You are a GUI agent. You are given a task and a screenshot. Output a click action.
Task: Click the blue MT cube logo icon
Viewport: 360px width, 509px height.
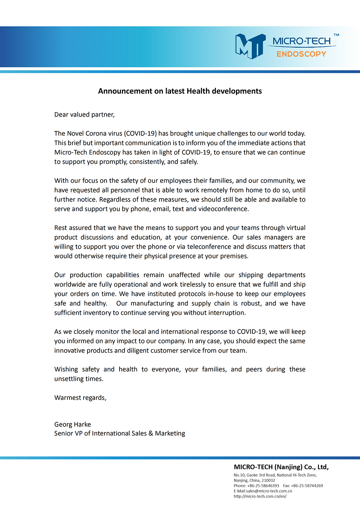tap(250, 46)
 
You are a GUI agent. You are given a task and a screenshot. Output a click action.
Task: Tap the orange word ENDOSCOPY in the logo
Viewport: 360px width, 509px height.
tap(301, 54)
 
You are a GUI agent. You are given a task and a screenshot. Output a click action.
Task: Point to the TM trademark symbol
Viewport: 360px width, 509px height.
tap(336, 35)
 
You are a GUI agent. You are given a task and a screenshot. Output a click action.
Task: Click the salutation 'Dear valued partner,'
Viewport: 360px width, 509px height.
tap(84, 114)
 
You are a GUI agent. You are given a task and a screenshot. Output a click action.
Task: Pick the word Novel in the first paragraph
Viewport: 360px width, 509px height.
tap(75, 134)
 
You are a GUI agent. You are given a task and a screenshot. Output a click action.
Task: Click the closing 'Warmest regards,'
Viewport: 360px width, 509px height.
tap(80, 398)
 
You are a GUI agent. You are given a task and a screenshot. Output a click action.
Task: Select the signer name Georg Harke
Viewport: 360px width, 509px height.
tap(72, 424)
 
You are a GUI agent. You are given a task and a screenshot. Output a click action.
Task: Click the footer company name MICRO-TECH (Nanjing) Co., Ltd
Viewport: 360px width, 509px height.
tap(281, 467)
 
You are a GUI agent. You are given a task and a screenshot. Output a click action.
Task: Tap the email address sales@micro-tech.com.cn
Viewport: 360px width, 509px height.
tap(269, 491)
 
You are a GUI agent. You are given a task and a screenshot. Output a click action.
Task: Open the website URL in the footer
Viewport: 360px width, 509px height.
tap(260, 496)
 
